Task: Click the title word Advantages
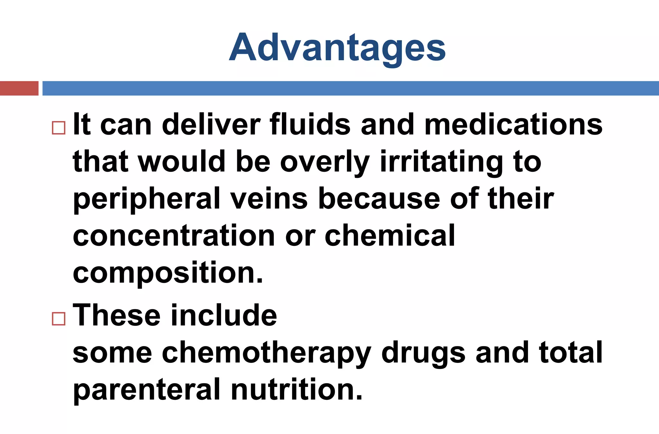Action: tap(337, 48)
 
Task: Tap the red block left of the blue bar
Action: tap(19, 88)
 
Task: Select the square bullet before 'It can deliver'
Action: tap(59, 128)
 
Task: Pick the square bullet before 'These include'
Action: tap(59, 319)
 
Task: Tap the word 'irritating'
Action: tap(441, 162)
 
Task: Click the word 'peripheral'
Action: tap(146, 199)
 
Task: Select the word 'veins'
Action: tap(269, 199)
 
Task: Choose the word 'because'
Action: tap(379, 199)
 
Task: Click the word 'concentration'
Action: tap(174, 236)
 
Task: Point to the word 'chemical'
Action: tap(390, 236)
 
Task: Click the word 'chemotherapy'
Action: tap(267, 353)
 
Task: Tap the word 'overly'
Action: tap(325, 162)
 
